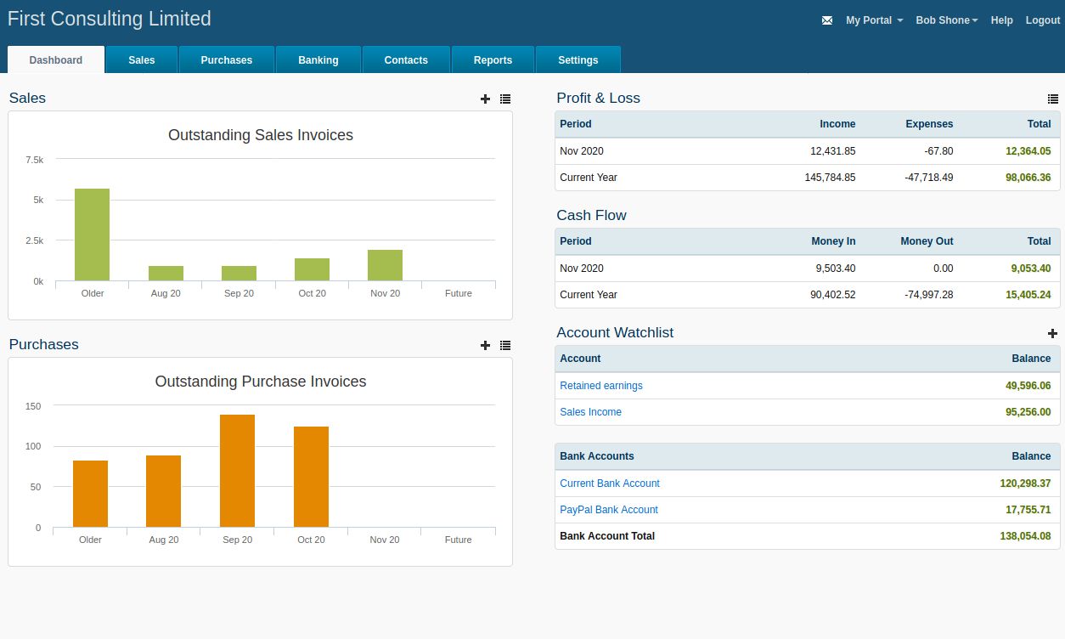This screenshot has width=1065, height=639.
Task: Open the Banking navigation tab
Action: click(x=318, y=60)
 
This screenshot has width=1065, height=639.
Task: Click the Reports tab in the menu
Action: click(x=493, y=60)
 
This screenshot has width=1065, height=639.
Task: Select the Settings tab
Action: click(x=578, y=60)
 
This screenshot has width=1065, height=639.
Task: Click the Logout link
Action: click(x=1042, y=20)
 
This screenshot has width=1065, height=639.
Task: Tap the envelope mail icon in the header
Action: click(x=827, y=20)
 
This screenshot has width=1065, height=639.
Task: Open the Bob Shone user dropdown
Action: click(x=946, y=20)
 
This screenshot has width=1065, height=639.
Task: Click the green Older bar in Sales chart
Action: click(x=92, y=235)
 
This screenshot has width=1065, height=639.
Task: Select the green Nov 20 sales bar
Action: click(x=385, y=265)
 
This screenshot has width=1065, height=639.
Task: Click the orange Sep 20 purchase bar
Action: click(x=237, y=471)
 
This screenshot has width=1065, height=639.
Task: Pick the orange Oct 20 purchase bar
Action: click(x=311, y=477)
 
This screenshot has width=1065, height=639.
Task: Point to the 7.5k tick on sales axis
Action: click(x=35, y=160)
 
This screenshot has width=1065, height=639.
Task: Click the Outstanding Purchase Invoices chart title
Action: click(x=261, y=382)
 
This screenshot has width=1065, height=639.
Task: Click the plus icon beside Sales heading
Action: click(x=485, y=99)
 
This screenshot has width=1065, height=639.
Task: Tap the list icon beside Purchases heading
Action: click(x=505, y=345)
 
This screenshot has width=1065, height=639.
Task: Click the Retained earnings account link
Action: click(x=600, y=386)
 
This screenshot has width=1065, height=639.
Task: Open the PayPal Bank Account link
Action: click(x=608, y=510)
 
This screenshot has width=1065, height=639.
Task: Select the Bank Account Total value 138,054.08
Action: click(x=1025, y=536)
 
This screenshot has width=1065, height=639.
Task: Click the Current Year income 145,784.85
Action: click(x=830, y=178)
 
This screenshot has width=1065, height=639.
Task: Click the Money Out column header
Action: click(x=927, y=241)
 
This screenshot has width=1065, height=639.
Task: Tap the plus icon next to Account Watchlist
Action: click(x=1052, y=333)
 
